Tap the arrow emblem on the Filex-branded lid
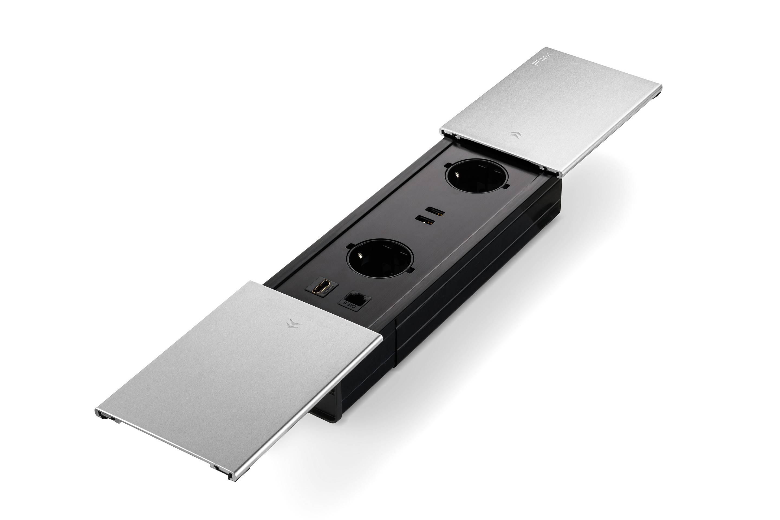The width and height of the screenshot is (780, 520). [514, 134]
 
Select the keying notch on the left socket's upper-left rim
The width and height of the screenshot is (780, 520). [350, 246]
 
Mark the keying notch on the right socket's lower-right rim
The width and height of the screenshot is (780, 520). [505, 186]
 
